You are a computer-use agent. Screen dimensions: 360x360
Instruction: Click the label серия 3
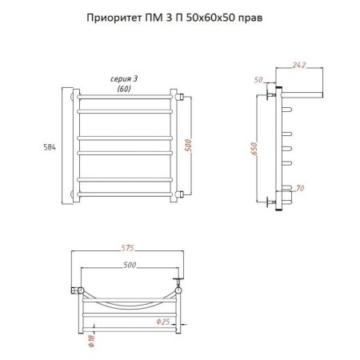pos(124,79)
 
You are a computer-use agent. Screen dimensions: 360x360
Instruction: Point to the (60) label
pos(124,88)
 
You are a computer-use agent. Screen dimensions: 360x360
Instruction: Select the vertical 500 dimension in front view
pos(188,145)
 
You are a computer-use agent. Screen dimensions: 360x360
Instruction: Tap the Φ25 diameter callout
pos(166,322)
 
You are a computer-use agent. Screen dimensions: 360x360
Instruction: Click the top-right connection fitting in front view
pos(182,98)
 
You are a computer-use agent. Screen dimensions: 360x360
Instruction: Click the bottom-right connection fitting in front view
pos(182,192)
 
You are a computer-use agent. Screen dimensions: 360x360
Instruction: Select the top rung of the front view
pos(126,98)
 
